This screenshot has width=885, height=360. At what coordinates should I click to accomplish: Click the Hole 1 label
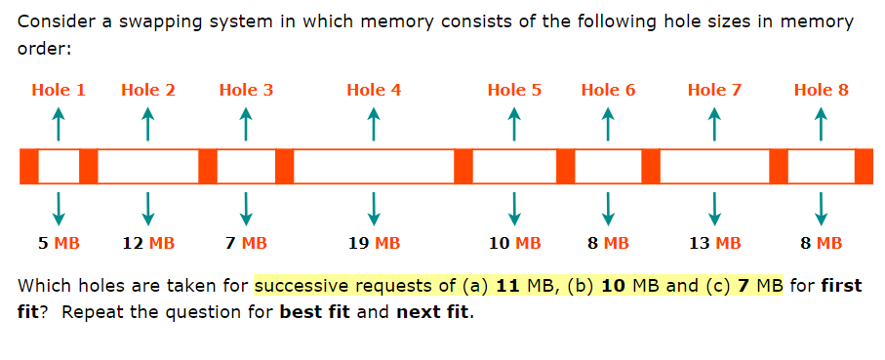tap(59, 90)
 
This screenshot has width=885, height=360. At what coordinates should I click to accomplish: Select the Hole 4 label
tap(374, 90)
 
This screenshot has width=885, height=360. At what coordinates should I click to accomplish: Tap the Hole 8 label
tap(822, 90)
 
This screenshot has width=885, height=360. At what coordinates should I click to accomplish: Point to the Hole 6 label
tap(608, 90)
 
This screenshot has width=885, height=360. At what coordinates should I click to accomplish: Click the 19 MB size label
tap(374, 243)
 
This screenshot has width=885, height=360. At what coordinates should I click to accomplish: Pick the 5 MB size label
tap(59, 243)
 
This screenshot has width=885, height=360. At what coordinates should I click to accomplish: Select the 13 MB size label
tap(714, 243)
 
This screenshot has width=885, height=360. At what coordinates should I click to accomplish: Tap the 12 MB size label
tap(148, 243)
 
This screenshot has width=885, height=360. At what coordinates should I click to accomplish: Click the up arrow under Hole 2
tap(148, 123)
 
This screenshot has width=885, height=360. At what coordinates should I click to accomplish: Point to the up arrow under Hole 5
tap(514, 123)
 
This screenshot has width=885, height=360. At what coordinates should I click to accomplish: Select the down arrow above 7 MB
tap(246, 205)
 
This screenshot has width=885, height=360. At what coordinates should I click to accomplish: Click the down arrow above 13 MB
tap(714, 205)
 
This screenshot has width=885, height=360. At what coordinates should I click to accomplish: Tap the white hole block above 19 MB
tap(374, 167)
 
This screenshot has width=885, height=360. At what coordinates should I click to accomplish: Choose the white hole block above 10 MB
tap(514, 167)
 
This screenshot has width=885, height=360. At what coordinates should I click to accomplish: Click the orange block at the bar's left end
tap(28, 167)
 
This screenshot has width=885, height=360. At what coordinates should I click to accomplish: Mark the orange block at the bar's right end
tap(864, 167)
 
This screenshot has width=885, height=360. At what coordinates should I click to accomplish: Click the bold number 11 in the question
tap(507, 287)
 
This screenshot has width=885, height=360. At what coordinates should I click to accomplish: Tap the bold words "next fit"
tap(431, 314)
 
